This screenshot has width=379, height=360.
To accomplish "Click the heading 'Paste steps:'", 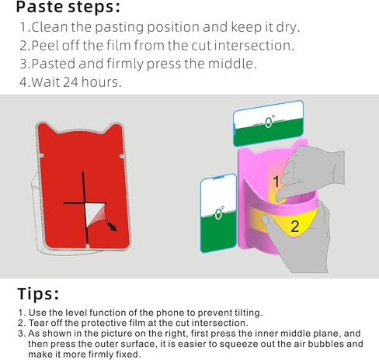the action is click(x=68, y=7).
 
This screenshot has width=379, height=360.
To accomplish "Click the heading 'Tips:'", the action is click(x=38, y=294).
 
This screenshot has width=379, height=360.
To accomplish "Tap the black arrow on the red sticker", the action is click(x=112, y=227).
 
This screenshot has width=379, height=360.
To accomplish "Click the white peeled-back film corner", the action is click(x=94, y=214).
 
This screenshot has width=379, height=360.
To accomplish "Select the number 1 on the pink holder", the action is click(x=276, y=182).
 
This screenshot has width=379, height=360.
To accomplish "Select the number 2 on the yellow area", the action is click(x=295, y=227).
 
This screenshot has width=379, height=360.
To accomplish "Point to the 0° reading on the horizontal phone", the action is click(x=269, y=122).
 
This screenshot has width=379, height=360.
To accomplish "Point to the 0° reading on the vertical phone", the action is click(x=219, y=213).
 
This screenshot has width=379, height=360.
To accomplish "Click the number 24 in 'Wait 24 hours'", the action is click(x=71, y=82).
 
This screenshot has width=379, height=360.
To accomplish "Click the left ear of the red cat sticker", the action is click(x=46, y=129).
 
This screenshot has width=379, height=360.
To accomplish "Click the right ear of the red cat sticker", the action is click(x=114, y=129).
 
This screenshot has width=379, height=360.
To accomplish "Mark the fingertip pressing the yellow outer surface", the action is click(x=265, y=220).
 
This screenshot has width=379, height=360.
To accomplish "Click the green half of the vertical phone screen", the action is click(x=219, y=231).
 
